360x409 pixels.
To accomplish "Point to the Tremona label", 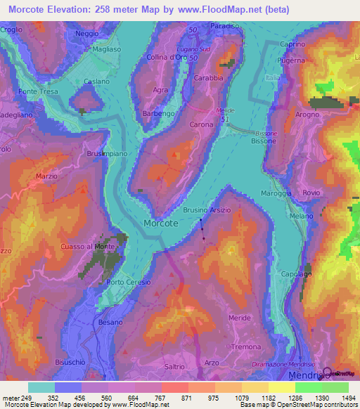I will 246,348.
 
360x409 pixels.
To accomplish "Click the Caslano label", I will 96,82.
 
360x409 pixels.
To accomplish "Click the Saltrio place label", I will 174,367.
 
